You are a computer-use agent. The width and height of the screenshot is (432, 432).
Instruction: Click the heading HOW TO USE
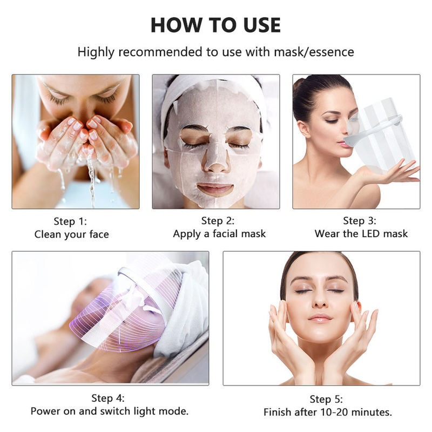pos(215,25)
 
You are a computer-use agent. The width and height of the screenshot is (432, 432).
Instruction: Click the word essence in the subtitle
pos(331,52)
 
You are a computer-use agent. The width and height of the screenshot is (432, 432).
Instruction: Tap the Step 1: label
pos(70,221)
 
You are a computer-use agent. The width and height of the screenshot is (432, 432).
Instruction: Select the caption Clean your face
pos(71,234)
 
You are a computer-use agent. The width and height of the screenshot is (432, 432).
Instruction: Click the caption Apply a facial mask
pos(219,234)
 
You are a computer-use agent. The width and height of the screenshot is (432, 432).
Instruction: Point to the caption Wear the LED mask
pos(361,234)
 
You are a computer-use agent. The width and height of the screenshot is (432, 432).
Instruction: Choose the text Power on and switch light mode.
pos(110,411)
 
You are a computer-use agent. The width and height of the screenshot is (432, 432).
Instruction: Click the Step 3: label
pos(360,221)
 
